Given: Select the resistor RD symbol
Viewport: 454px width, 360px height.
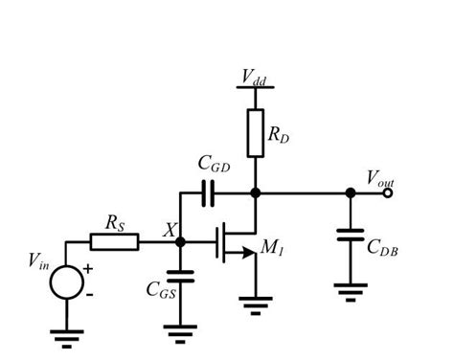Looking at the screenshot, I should (x=255, y=132).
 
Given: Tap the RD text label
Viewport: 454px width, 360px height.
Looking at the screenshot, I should (x=279, y=136).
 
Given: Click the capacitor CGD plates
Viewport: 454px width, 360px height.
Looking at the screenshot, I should (x=208, y=192).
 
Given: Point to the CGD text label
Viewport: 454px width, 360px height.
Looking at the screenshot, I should (x=215, y=166).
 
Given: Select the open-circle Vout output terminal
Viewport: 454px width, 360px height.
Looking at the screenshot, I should (x=387, y=192).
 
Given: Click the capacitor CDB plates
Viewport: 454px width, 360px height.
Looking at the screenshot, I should (x=351, y=234).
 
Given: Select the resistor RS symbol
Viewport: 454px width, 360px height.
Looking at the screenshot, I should (x=115, y=241).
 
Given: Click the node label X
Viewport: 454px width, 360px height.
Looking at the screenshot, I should (x=170, y=231).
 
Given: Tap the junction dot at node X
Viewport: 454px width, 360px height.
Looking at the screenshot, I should (x=180, y=241).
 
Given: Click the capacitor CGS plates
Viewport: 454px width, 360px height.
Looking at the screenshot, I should (x=180, y=278).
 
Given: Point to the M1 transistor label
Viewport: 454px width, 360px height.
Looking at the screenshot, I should (x=274, y=249).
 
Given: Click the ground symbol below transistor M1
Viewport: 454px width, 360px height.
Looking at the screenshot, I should (x=254, y=307).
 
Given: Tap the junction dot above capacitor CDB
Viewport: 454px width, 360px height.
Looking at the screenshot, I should (x=351, y=192).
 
